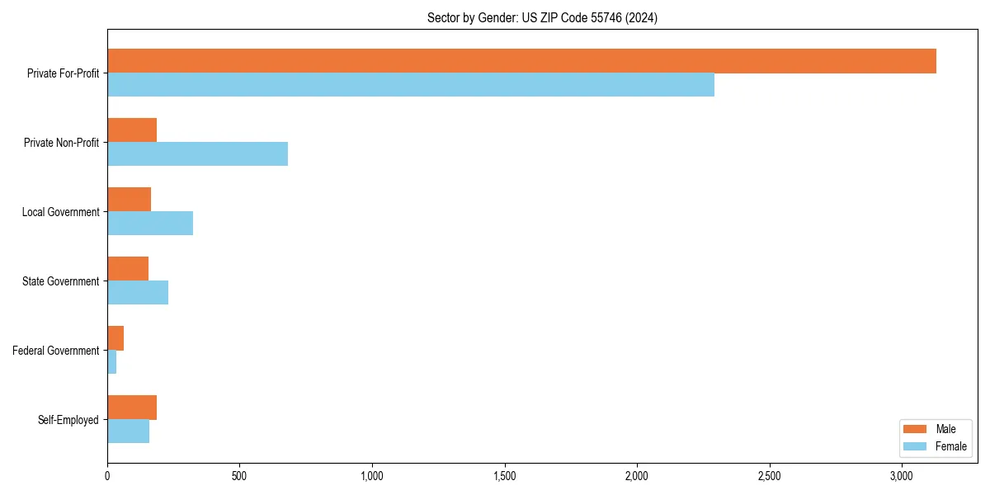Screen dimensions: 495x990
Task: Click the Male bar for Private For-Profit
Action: (521, 61)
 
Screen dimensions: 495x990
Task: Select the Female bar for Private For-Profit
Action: (411, 85)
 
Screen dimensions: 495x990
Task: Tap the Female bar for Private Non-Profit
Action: (198, 154)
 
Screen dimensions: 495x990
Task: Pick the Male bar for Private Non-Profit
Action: (132, 130)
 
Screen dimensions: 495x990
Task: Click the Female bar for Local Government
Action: (150, 224)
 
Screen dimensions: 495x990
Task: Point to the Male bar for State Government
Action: (128, 269)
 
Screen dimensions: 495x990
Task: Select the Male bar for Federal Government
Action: (115, 338)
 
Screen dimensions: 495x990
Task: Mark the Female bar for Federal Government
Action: (112, 362)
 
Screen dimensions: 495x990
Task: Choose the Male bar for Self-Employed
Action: (132, 408)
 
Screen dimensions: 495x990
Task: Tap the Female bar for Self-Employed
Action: (129, 431)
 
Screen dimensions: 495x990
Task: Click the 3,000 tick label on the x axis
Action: (902, 476)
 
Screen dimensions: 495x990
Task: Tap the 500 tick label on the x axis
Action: (239, 476)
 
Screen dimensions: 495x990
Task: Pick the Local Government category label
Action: (60, 212)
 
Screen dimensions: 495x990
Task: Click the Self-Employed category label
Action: (68, 420)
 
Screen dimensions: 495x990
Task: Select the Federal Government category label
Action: (56, 351)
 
